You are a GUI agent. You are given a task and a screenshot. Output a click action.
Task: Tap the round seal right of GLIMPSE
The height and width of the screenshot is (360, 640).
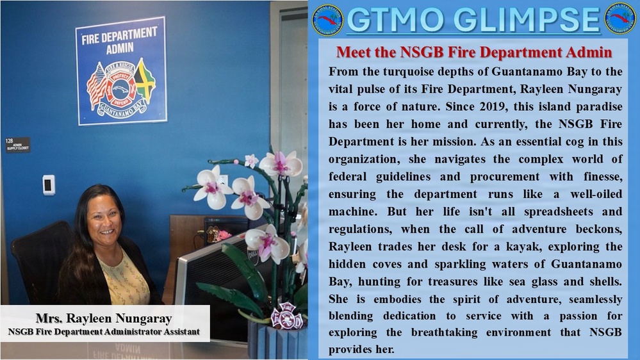[620, 20]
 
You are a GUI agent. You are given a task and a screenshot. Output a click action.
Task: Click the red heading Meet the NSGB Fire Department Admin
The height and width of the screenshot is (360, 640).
[473, 51]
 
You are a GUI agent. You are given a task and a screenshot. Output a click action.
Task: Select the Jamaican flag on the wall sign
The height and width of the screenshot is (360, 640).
[145, 79]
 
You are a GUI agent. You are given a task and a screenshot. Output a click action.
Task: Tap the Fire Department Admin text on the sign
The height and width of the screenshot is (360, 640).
[120, 40]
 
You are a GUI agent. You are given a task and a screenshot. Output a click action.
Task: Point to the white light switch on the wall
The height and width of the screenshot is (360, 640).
[49, 184]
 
